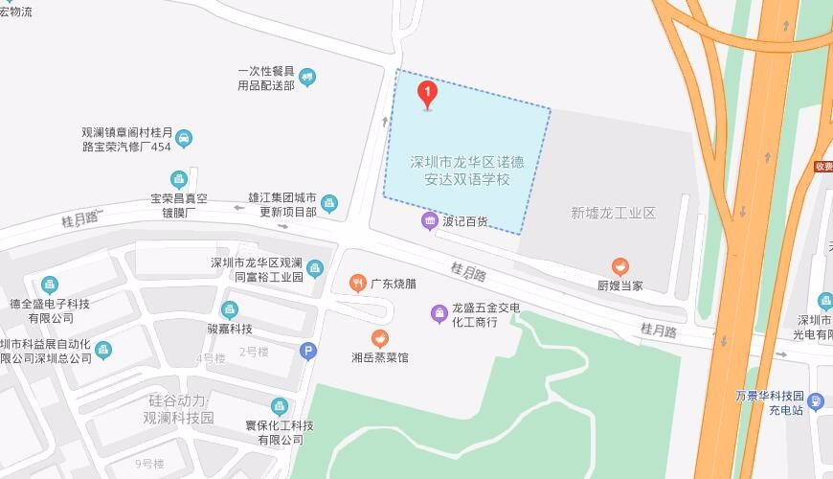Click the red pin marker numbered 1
pos(428,94)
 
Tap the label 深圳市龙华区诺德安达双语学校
pos(468,170)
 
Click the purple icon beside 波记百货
pos(429,221)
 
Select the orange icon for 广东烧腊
pos(357,283)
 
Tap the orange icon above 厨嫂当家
pos(620,267)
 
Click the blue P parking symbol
pos(306,351)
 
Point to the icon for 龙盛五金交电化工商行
pos(439,313)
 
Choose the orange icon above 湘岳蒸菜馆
pos(380,338)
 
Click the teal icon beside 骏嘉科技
pos(229,309)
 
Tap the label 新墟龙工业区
pos(613,213)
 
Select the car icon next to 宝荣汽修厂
pos(184,139)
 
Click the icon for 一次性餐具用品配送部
pos(306,78)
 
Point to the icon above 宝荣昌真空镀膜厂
pos(178,179)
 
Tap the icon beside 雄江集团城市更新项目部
pos(329,203)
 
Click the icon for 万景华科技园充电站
pos(816,400)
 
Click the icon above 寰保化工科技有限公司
pos(280,406)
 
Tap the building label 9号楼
pos(149,464)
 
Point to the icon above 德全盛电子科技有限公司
pos(49,285)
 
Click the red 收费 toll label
pos(822,167)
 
